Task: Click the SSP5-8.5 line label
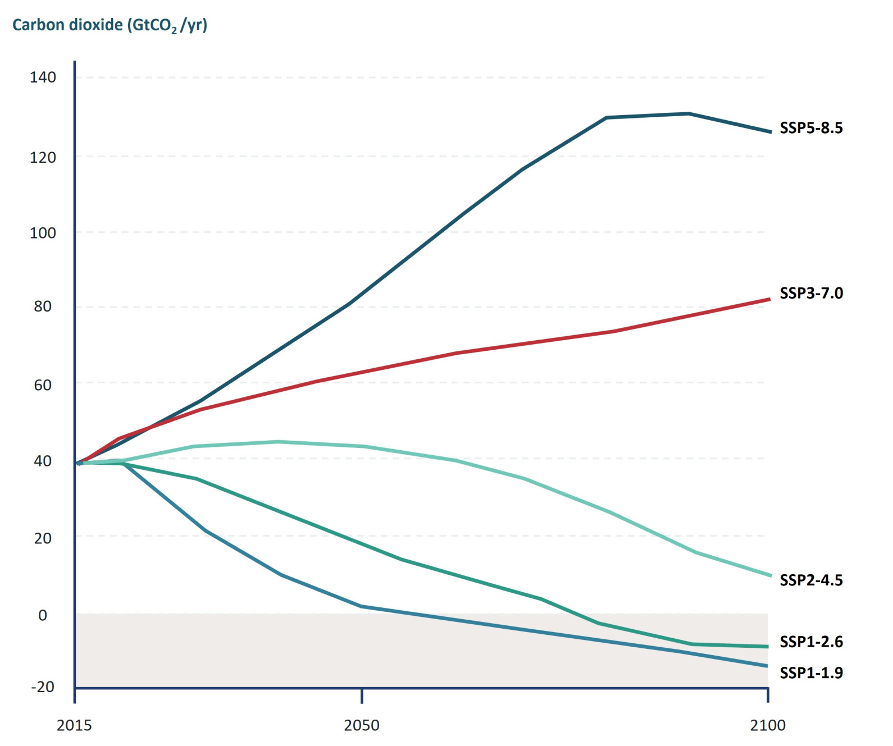tap(811, 128)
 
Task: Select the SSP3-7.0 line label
tap(811, 293)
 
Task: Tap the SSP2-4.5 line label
tap(811, 580)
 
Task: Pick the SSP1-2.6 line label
tap(811, 642)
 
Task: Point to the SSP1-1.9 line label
tap(811, 673)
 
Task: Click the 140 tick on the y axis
tap(43, 77)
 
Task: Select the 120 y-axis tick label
tap(43, 158)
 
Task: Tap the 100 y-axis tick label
tap(43, 234)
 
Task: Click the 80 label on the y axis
tap(43, 306)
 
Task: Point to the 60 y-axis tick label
tap(43, 385)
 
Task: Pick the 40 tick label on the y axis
tap(43, 461)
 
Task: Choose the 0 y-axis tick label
tap(43, 615)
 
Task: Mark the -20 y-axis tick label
tap(43, 687)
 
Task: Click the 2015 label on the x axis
tap(74, 725)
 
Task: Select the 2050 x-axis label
tap(362, 725)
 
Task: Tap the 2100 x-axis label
tap(768, 725)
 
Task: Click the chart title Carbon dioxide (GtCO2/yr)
tap(110, 25)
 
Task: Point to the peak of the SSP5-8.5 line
tap(689, 113)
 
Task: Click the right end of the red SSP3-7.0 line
tap(770, 299)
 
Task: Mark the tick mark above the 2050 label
tap(362, 695)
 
